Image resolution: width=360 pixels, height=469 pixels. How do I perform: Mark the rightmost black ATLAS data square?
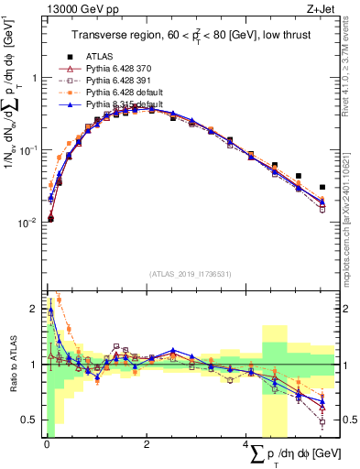[322, 187]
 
